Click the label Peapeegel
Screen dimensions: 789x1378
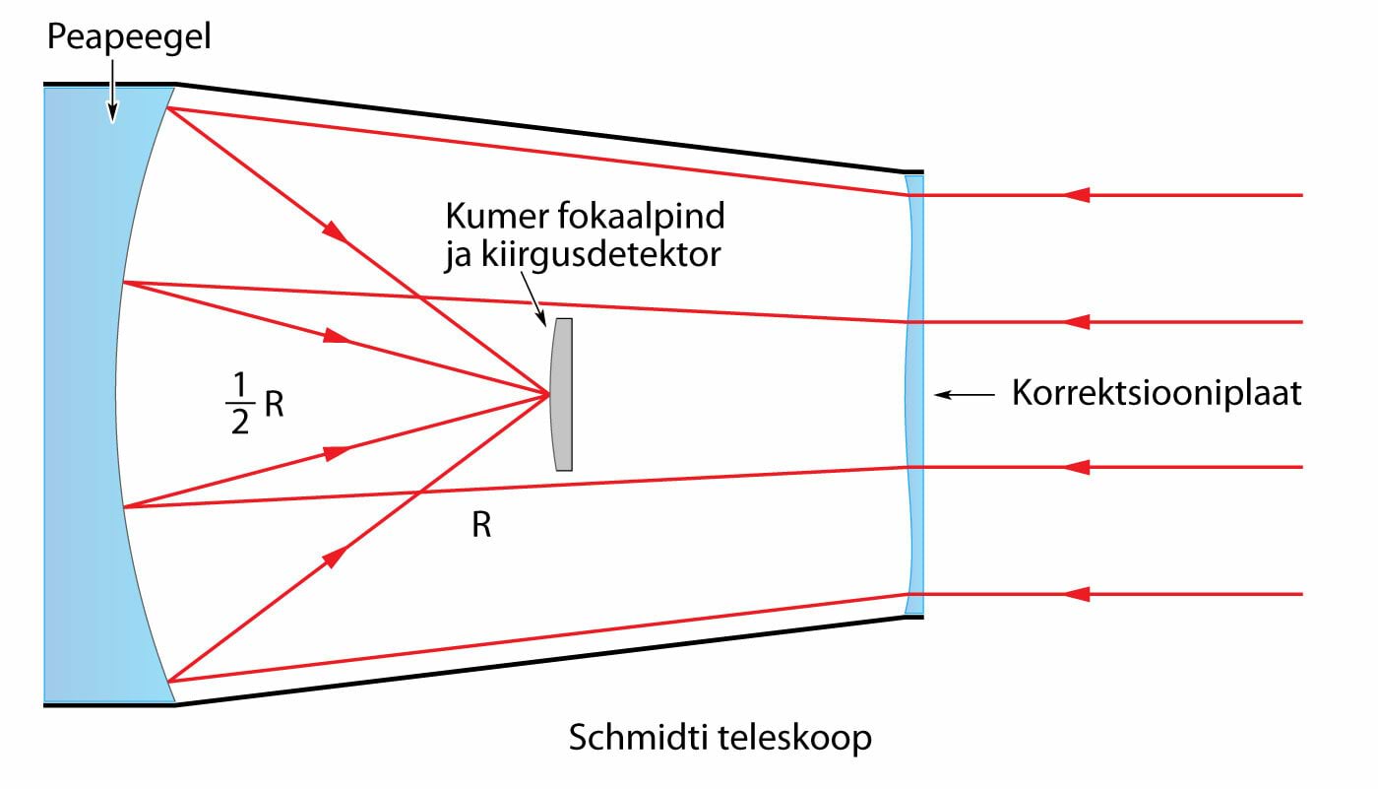click(x=130, y=39)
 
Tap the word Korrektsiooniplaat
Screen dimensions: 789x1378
click(x=1157, y=395)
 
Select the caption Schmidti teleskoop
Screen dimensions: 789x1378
click(x=720, y=738)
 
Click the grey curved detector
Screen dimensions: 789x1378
click(x=562, y=394)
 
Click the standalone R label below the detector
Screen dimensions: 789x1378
click(x=481, y=526)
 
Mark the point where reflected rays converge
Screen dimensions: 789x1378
click(x=549, y=395)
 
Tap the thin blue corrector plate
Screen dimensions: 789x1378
click(x=914, y=395)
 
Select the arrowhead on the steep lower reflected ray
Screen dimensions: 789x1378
click(x=335, y=557)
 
